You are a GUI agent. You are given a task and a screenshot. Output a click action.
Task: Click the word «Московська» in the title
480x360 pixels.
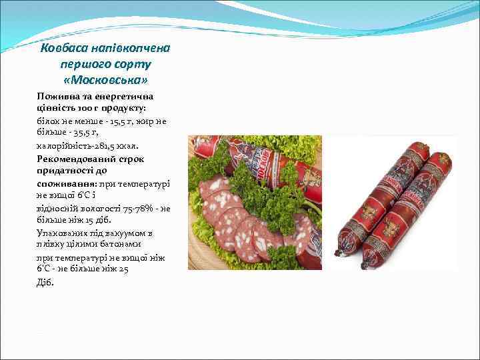pyautogui.click(x=105, y=80)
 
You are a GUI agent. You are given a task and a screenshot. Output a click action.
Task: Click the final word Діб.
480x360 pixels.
pyautogui.click(x=44, y=281)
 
